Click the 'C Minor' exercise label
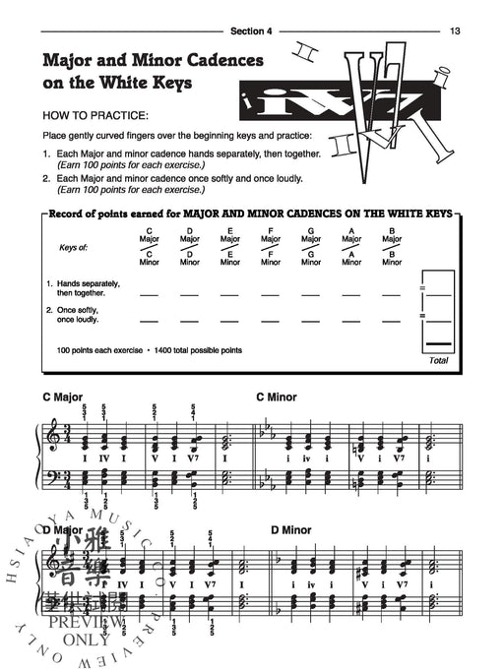(276, 397)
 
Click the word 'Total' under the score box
(438, 360)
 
